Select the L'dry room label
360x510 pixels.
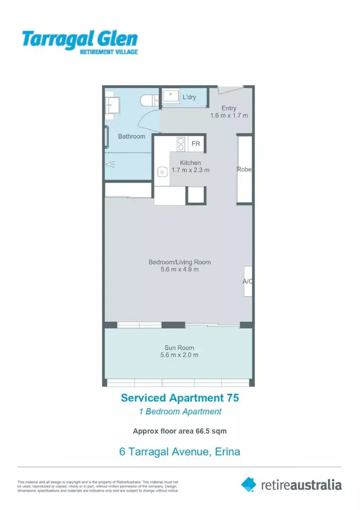click(190, 97)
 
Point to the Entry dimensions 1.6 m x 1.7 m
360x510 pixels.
click(229, 115)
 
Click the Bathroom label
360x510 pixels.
click(132, 136)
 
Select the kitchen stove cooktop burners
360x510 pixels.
click(180, 144)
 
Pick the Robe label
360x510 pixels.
click(244, 170)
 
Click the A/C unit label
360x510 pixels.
click(248, 281)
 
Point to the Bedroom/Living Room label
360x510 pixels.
click(179, 262)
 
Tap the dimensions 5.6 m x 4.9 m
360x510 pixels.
click(179, 270)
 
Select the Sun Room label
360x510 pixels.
click(179, 348)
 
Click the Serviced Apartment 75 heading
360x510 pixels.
click(180, 398)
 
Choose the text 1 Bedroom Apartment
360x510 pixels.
click(180, 411)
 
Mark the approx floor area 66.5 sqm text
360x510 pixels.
click(180, 431)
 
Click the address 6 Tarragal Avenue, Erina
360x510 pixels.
click(180, 451)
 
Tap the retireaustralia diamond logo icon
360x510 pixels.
click(249, 484)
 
